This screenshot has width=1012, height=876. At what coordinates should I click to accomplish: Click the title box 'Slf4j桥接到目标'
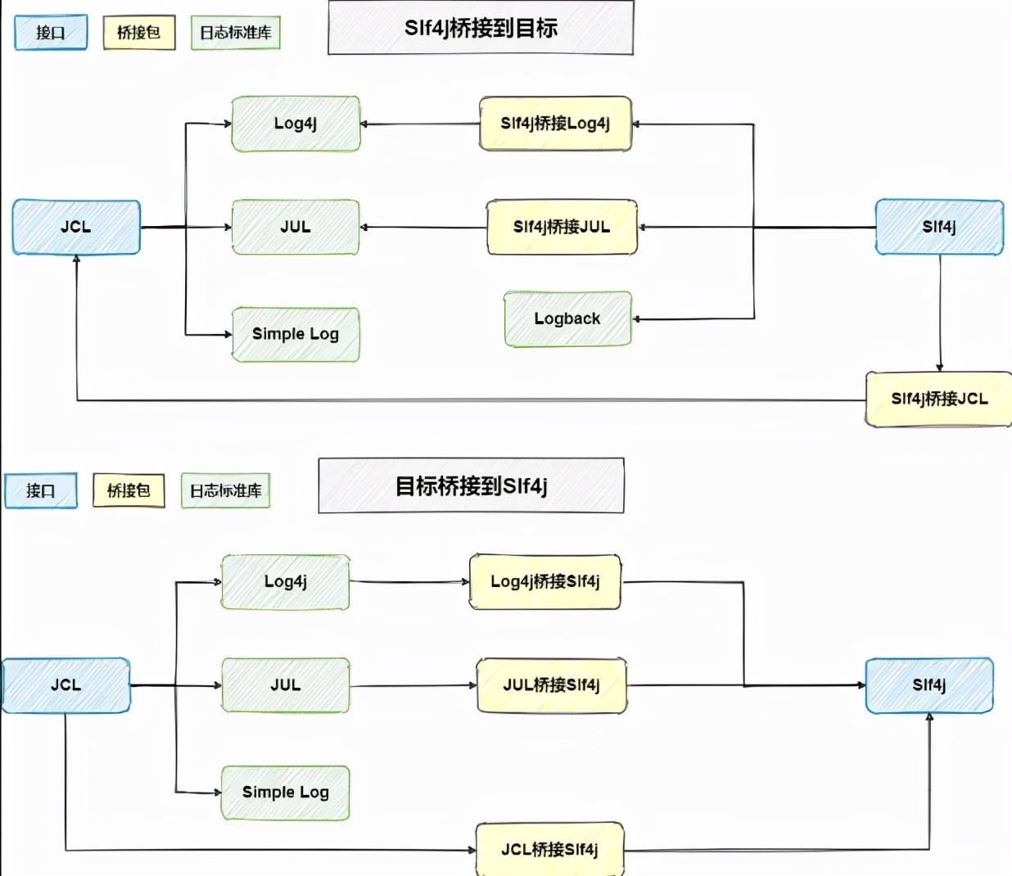481,27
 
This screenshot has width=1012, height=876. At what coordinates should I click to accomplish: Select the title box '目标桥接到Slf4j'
471,485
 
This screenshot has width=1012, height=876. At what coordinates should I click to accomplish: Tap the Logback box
568,318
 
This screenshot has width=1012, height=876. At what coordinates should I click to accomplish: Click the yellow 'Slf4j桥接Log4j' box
555,124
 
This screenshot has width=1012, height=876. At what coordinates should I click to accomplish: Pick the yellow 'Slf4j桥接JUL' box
562,227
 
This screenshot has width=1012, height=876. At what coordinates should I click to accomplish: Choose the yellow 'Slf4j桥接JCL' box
938,399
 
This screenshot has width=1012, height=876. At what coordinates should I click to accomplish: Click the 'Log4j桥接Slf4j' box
545,582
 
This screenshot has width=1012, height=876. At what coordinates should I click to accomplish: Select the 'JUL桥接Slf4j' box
551,685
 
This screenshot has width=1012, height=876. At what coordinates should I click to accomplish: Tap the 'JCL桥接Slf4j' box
550,850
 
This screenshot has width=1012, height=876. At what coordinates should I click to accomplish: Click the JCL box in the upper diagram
76,227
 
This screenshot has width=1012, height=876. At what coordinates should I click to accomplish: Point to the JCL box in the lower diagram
66,685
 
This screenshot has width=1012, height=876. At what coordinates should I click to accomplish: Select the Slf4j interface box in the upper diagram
939,227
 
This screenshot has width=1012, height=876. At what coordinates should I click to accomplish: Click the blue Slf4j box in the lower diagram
929,685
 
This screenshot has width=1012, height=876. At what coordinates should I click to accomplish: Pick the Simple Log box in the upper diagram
296,335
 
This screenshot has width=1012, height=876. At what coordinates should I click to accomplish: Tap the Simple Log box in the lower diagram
286,792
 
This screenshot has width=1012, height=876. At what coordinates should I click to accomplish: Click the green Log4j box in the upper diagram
296,124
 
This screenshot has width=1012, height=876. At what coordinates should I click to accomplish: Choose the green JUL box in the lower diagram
286,685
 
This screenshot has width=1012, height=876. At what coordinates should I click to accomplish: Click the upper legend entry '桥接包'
139,32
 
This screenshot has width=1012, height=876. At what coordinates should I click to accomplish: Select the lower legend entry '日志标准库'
226,490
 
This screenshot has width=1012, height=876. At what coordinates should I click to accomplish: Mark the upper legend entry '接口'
51,32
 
